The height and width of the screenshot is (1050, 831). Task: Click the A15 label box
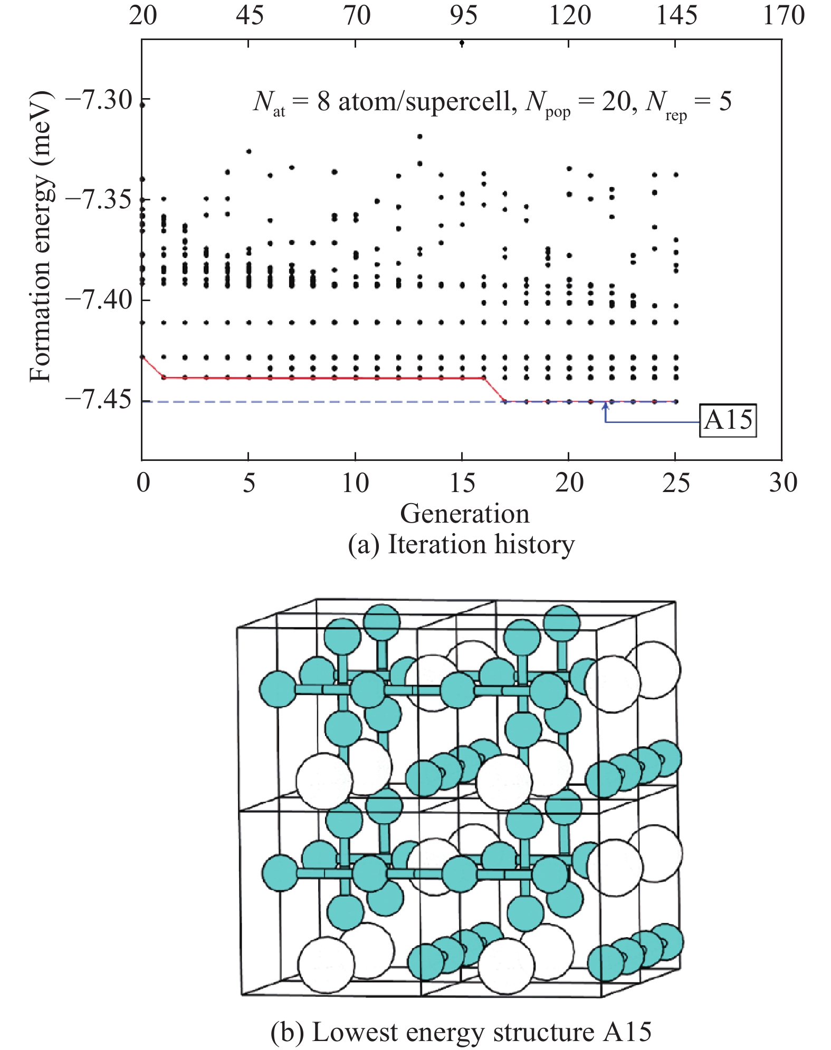click(x=728, y=420)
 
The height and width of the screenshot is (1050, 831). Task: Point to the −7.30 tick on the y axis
click(x=99, y=100)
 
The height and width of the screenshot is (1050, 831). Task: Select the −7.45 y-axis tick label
click(x=99, y=401)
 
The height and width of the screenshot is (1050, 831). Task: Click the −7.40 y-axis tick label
click(x=99, y=301)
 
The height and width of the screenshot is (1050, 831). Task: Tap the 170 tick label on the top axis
click(x=784, y=15)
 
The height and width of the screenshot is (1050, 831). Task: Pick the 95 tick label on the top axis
click(x=463, y=15)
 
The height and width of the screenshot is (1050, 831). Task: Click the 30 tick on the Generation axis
click(x=782, y=482)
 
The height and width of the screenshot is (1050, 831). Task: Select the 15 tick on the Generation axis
click(x=462, y=482)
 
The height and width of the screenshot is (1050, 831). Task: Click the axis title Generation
click(x=464, y=513)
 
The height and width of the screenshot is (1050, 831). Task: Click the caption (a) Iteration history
click(x=461, y=544)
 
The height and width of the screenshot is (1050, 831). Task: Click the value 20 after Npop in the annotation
click(x=617, y=101)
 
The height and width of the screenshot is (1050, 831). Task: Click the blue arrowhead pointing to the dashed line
click(x=605, y=405)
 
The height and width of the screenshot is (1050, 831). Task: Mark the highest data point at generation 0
click(x=142, y=105)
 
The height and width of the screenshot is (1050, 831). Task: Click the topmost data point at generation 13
click(x=420, y=136)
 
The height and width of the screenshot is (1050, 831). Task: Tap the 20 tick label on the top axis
click(x=142, y=15)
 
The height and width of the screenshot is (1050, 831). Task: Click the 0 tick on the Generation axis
click(x=142, y=482)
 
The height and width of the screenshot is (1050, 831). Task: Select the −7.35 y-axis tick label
click(x=99, y=200)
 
